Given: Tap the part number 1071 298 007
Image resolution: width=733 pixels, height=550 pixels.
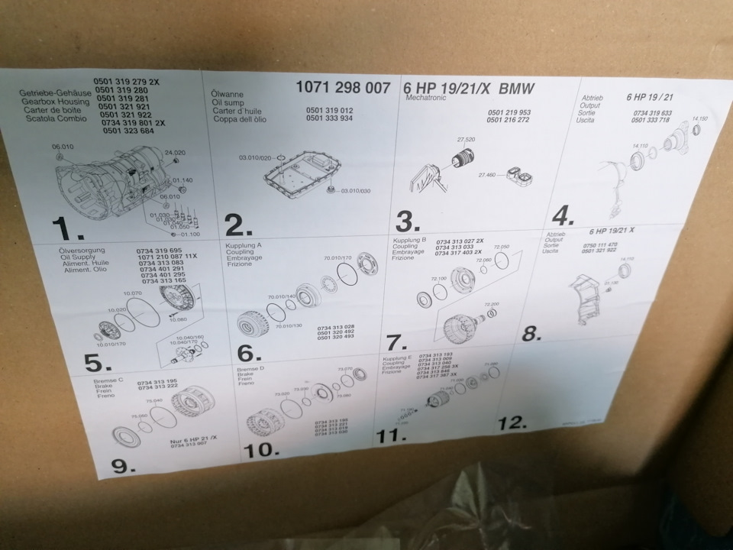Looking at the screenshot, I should tap(343, 88).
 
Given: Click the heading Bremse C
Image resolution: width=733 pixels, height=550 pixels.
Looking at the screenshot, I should tap(109, 380).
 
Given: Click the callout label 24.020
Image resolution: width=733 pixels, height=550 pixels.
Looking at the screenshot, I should tap(175, 153).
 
